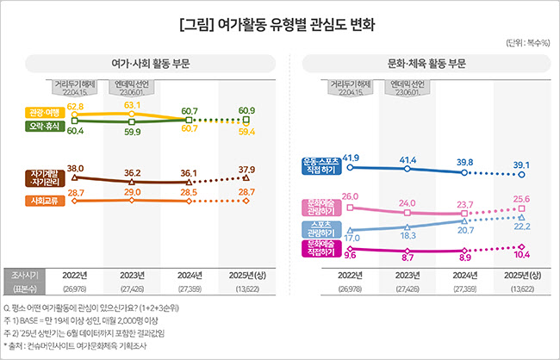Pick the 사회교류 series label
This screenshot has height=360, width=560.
pos(42,201)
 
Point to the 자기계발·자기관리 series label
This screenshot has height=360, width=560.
pos(42,178)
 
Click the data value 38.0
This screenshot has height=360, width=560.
pos(75,168)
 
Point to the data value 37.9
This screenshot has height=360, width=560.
pos(246,169)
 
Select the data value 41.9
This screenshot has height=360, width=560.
pos(351,158)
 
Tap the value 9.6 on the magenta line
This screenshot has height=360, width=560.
pos(351,256)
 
